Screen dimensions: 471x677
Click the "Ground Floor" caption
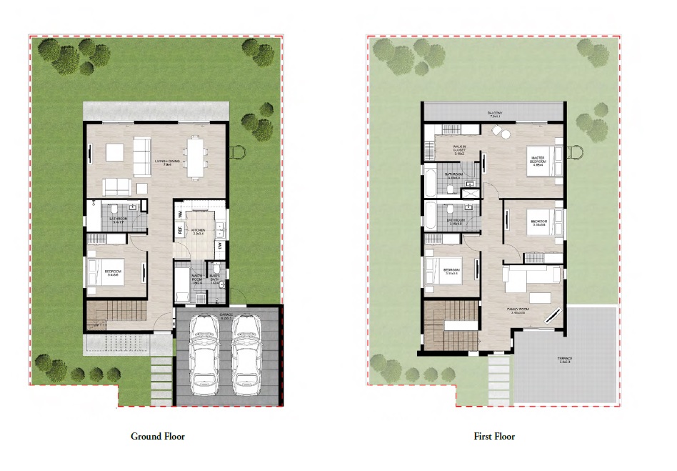coord(157,436)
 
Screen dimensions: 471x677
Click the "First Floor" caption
coord(494,436)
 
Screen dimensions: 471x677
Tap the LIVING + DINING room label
coord(167,163)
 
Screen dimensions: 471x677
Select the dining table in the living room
coord(195,156)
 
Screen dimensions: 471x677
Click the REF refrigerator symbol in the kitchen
coord(180,230)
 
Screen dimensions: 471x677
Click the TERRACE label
coord(566,360)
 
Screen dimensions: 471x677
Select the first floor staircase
coord(449,323)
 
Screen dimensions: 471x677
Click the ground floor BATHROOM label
coord(117,219)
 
